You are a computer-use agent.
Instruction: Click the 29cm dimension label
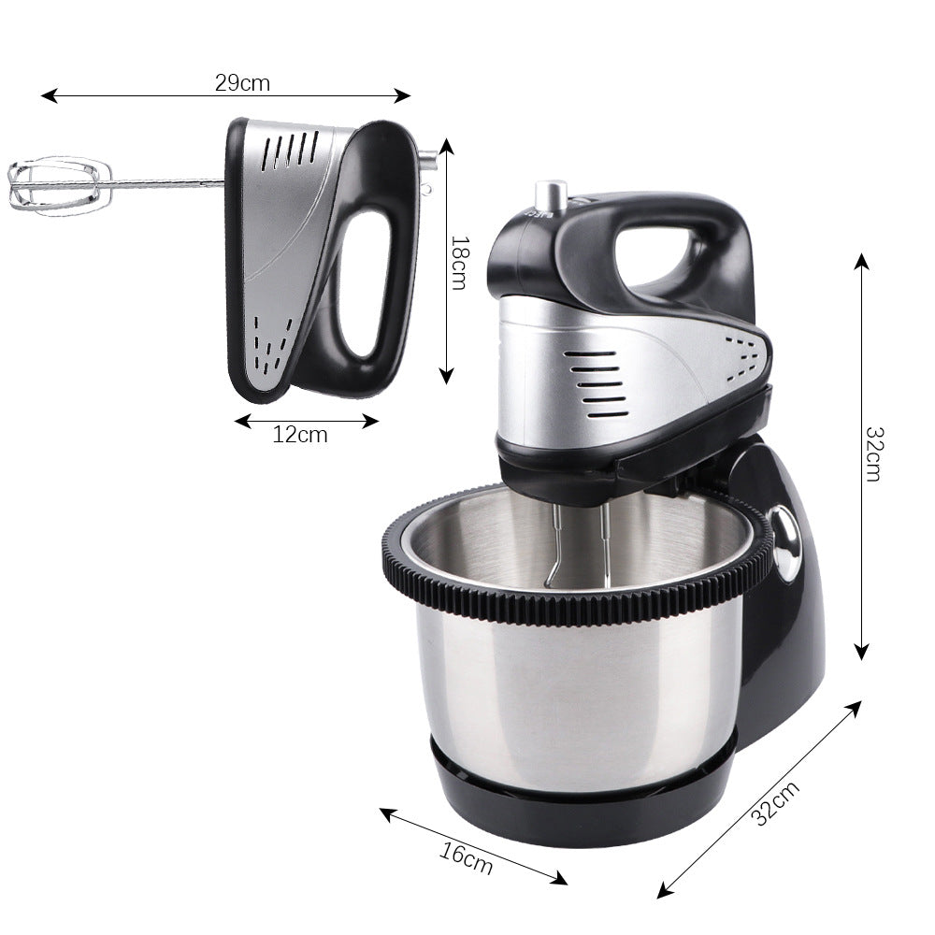tap(242, 83)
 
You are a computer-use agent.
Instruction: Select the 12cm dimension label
tap(300, 435)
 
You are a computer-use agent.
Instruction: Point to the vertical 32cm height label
tap(873, 453)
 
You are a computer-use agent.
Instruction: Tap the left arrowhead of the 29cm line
tap(47, 95)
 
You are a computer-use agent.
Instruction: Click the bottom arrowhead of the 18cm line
tap(447, 375)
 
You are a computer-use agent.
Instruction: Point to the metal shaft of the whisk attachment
tap(168, 180)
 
